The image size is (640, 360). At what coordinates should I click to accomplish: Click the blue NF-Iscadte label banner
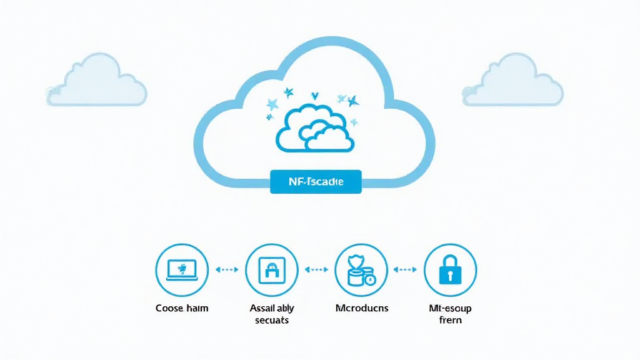(x=316, y=182)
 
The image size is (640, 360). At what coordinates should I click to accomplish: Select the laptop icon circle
(x=181, y=269)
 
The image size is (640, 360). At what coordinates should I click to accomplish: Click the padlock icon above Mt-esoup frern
(x=450, y=269)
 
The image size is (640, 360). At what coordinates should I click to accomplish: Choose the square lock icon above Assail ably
(x=271, y=269)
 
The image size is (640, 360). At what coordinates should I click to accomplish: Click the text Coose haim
(x=181, y=308)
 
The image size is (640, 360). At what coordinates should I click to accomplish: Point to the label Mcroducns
(x=361, y=308)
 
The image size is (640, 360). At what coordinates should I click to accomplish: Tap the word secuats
(x=272, y=320)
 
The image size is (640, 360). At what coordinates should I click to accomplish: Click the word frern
(x=449, y=320)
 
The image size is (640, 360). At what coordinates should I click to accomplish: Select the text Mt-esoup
(x=449, y=308)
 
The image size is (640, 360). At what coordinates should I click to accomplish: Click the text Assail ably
(x=272, y=308)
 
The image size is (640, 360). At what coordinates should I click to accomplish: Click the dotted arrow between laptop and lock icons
(x=226, y=269)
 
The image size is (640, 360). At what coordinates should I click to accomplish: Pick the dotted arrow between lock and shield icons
(x=316, y=269)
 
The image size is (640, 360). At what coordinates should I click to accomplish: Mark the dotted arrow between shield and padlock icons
(x=405, y=269)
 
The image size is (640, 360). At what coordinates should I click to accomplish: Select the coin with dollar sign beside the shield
(x=369, y=279)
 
